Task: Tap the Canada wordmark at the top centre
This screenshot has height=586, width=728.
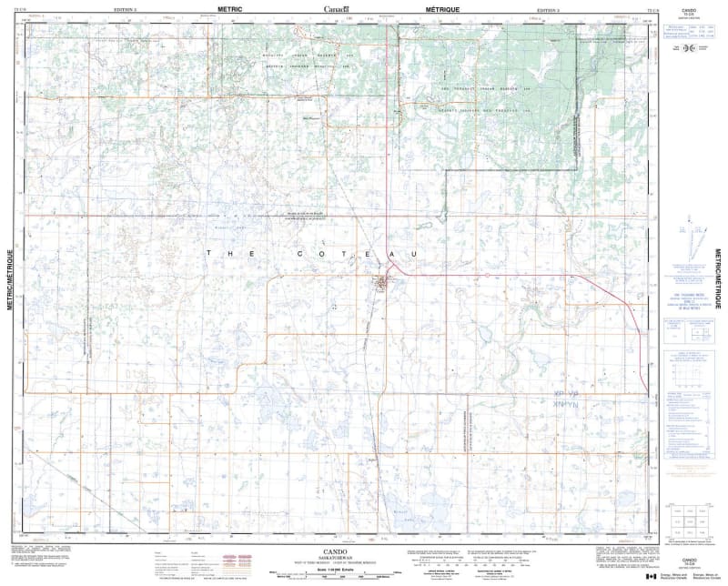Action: [336, 7]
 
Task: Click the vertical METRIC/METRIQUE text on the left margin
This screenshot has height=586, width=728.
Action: [11, 272]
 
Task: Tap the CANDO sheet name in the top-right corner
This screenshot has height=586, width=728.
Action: [689, 7]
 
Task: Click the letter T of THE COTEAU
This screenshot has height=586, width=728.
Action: [209, 252]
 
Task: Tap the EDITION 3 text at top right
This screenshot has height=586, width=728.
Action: [547, 8]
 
